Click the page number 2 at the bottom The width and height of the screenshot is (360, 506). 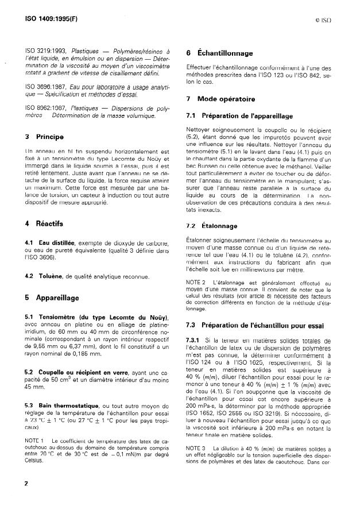click(26, 484)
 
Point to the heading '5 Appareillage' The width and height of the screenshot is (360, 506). click(52, 298)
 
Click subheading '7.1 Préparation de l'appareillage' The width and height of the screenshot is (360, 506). click(239, 116)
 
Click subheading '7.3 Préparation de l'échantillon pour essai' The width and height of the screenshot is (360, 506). click(255, 326)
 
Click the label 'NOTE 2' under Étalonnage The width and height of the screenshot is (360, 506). click(196, 283)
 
